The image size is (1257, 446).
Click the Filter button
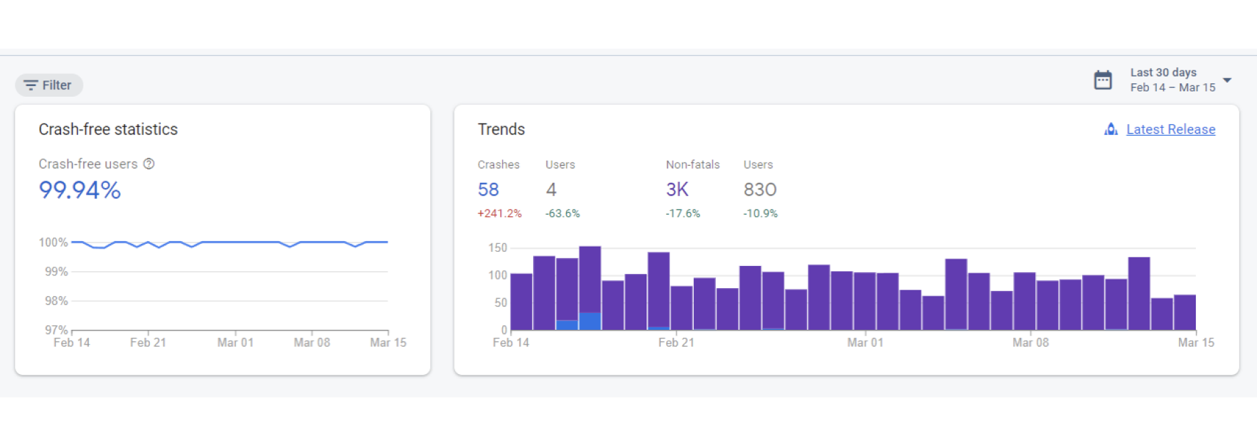(49, 85)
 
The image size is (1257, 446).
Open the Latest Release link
(1170, 130)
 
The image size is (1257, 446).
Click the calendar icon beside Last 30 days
(1102, 80)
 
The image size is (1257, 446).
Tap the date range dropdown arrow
(1227, 80)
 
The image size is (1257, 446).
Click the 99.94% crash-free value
(80, 190)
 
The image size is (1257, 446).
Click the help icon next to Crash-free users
(149, 164)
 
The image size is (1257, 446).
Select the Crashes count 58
(488, 190)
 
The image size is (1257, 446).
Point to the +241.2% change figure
(499, 214)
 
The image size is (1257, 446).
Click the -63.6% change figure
(563, 214)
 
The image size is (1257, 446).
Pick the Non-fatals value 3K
(677, 190)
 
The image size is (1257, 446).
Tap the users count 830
(760, 190)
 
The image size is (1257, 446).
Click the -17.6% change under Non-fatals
(683, 214)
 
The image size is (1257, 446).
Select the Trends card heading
(501, 130)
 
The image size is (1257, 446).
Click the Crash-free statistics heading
(108, 130)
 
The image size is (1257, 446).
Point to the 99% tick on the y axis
(56, 272)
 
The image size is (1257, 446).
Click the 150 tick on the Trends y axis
(497, 248)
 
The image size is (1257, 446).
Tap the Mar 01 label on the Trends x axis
(865, 343)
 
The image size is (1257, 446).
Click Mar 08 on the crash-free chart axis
(312, 343)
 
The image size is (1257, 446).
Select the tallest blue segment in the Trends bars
(590, 321)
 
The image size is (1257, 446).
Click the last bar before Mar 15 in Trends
(1184, 313)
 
